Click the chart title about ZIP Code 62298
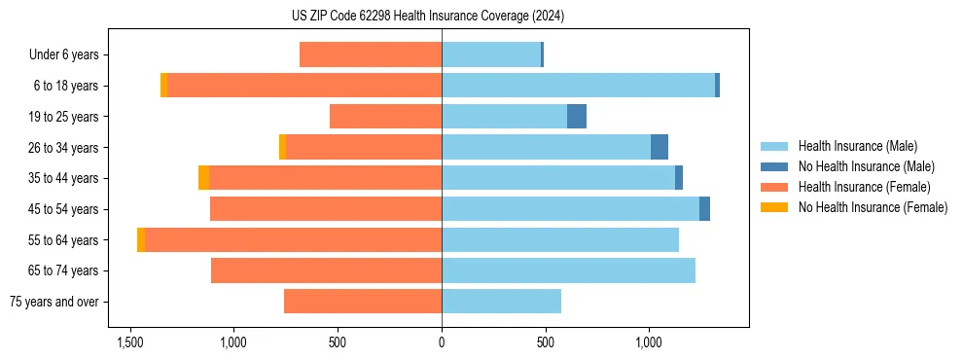click(x=442, y=17)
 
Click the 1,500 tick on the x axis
click(x=130, y=342)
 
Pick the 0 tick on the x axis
click(x=442, y=342)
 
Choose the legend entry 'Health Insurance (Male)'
click(x=856, y=146)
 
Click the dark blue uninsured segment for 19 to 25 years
click(x=577, y=117)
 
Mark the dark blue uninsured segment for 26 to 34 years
click(x=660, y=147)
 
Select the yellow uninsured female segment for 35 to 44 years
click(x=203, y=178)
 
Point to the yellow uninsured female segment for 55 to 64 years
click(x=141, y=239)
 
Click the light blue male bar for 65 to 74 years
click(x=568, y=270)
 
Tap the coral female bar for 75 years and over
click(x=363, y=302)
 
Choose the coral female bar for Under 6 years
click(x=371, y=55)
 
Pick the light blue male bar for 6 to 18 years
click(x=578, y=86)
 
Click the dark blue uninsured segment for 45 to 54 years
click(x=704, y=209)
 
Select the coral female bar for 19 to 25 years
click(x=385, y=117)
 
